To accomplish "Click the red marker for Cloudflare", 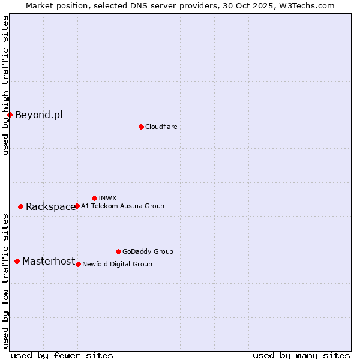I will [141, 127].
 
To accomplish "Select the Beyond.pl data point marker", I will [10, 115].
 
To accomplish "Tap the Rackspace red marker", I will [20, 206].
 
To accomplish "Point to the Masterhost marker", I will [17, 261].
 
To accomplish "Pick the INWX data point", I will [94, 198].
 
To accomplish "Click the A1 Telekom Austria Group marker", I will [77, 206].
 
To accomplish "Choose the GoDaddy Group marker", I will [118, 251].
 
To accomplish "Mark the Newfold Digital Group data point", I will [78, 264].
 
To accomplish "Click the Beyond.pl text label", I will [38, 115].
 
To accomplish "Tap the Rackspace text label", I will [50, 207].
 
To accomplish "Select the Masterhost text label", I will [49, 262].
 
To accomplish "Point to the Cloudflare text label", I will [161, 127].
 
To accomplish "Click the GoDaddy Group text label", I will [148, 252].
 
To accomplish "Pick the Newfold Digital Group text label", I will [117, 265].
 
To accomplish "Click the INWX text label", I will [107, 199].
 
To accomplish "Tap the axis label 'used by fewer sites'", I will [62, 355].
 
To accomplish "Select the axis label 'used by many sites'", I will [301, 355].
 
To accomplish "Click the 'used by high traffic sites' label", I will [5, 85].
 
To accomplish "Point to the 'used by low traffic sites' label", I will [5, 281].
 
